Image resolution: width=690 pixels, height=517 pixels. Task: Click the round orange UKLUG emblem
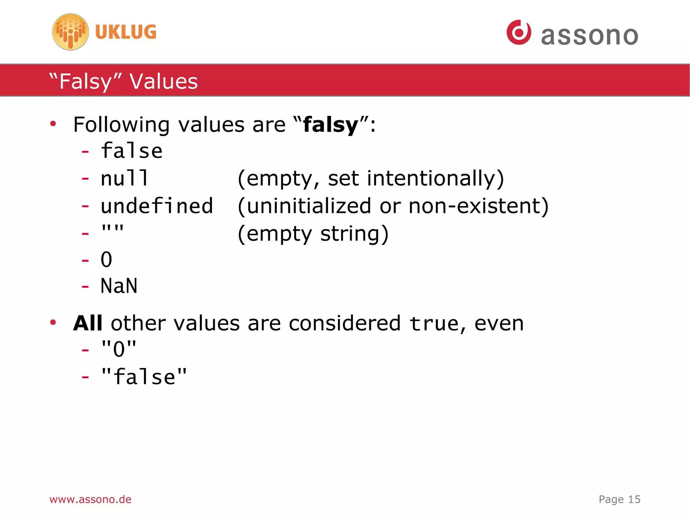(x=70, y=32)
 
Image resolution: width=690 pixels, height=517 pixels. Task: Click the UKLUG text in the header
(x=126, y=32)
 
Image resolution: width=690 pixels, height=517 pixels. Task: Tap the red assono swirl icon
(x=519, y=32)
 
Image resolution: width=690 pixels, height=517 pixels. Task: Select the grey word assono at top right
(x=589, y=36)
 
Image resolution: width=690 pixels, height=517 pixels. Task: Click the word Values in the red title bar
(x=164, y=82)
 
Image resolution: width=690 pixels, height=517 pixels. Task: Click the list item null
(x=124, y=178)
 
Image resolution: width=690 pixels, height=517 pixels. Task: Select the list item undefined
(x=157, y=206)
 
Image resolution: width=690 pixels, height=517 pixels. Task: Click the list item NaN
(x=119, y=286)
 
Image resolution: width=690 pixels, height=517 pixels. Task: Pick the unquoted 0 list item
(x=106, y=259)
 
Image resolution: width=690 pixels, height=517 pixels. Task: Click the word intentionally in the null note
(x=435, y=179)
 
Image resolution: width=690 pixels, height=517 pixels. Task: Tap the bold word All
(x=88, y=323)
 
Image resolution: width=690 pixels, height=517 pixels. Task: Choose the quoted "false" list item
(x=144, y=377)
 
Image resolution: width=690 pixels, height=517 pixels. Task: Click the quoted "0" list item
(x=119, y=349)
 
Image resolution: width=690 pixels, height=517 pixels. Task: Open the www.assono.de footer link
(x=90, y=499)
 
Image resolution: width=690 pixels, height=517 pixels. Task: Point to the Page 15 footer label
(x=619, y=499)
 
